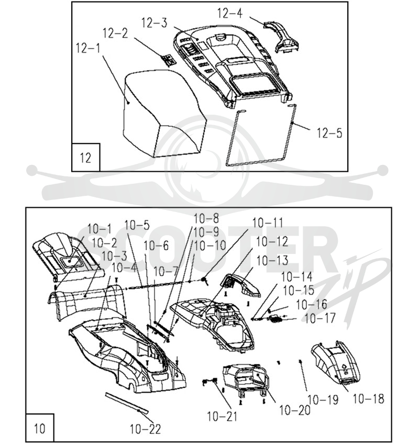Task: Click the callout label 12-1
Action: [88, 48]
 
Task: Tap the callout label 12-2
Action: [115, 33]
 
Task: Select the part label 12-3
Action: [155, 23]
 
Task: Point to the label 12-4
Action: [230, 13]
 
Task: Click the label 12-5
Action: [329, 133]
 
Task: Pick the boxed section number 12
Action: [85, 158]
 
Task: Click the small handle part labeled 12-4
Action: [281, 37]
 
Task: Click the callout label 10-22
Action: [146, 429]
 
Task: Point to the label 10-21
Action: [222, 416]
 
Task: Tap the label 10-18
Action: [369, 398]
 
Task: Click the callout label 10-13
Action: [272, 260]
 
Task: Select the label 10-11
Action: [268, 223]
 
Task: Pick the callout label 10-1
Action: [100, 229]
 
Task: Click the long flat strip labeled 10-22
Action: [127, 403]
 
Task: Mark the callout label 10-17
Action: [320, 318]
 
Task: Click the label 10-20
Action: [295, 410]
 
